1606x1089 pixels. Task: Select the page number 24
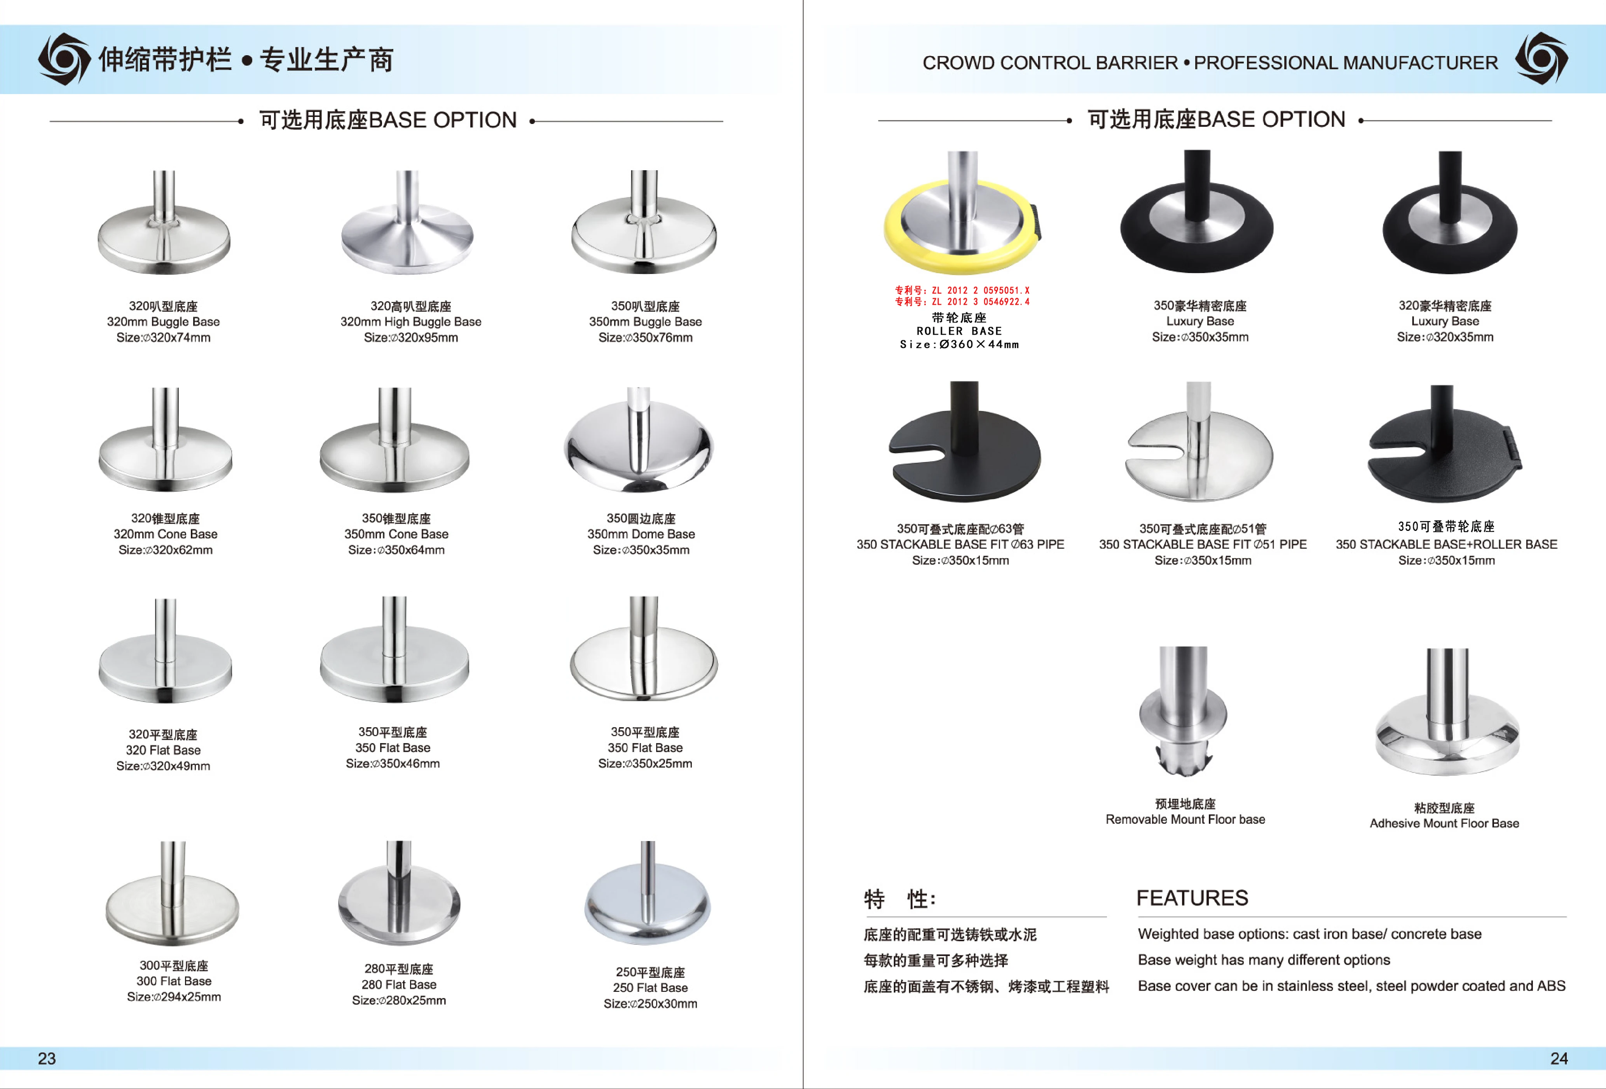coord(1558,1058)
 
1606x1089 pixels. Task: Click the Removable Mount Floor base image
coord(1183,712)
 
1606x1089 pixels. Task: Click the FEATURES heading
coord(1192,898)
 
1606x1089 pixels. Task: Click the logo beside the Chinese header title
coord(64,59)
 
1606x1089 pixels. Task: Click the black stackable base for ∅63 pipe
coord(964,449)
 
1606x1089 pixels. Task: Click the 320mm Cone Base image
coord(165,446)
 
